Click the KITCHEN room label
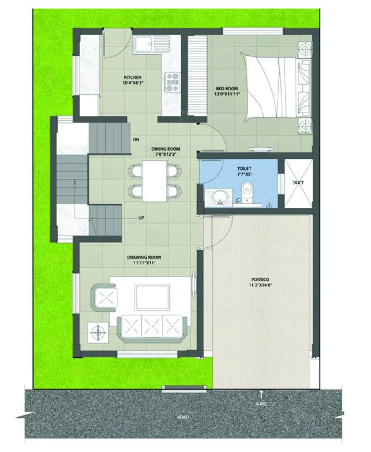(x=131, y=78)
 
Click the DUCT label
(x=298, y=182)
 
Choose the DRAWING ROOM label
(x=145, y=257)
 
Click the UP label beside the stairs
(x=141, y=218)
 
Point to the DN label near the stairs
(x=136, y=139)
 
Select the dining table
(x=155, y=181)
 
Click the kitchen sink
(x=143, y=44)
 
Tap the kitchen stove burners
(x=172, y=82)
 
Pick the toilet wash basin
(x=220, y=197)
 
